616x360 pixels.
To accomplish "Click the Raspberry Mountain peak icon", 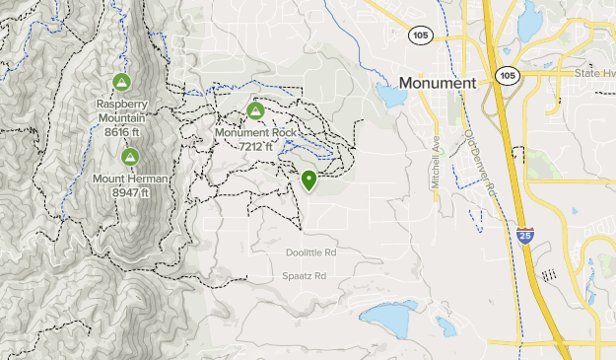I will (121, 82).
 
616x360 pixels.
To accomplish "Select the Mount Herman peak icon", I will (129, 157).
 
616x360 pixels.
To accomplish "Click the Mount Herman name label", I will (130, 180).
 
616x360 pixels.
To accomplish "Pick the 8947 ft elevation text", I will (130, 192).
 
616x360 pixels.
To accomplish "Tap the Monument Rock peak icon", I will (256, 109).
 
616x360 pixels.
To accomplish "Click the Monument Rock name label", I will (256, 133).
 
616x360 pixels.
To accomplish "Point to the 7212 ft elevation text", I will (256, 146).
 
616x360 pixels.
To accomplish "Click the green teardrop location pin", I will (309, 180).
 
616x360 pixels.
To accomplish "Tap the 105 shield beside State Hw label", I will (509, 75).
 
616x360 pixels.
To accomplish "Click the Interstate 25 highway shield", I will (525, 237).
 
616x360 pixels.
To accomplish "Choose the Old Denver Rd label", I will (480, 163).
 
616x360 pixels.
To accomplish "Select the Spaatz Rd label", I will (305, 276).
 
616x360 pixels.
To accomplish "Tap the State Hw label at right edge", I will (593, 73).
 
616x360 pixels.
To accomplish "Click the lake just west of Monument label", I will (389, 96).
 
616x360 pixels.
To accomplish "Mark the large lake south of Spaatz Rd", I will (389, 318).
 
